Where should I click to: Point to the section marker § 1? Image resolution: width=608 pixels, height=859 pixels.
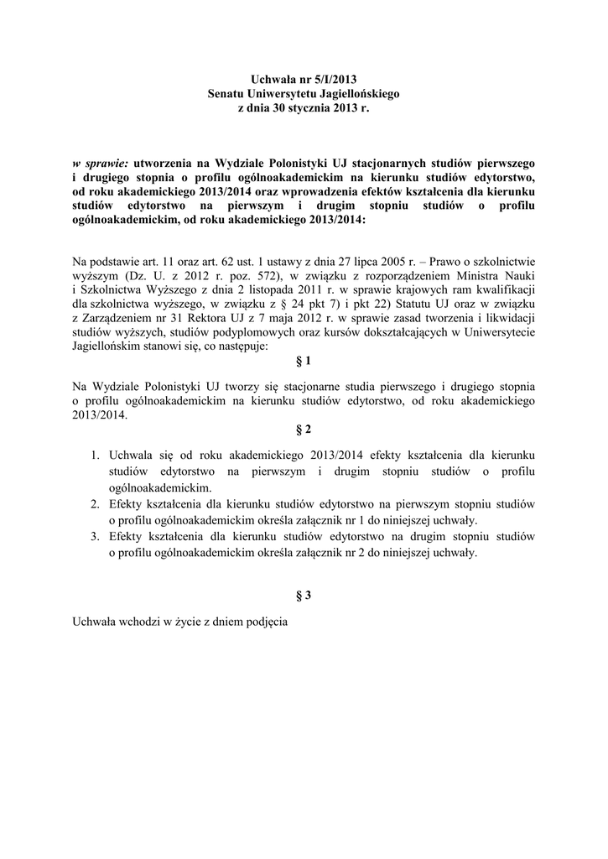(x=304, y=362)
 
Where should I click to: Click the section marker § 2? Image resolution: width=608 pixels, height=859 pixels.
(x=304, y=429)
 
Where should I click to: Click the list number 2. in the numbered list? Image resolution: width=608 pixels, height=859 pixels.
(x=95, y=504)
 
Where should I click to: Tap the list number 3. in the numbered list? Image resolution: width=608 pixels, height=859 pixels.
(x=95, y=536)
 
